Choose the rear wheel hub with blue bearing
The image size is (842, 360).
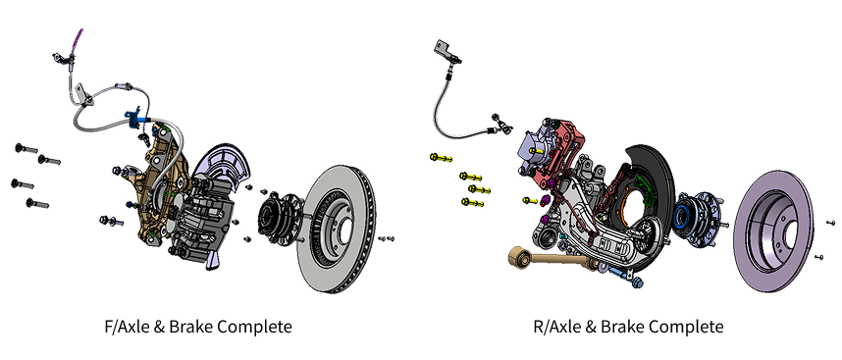pyautogui.click(x=697, y=219)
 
